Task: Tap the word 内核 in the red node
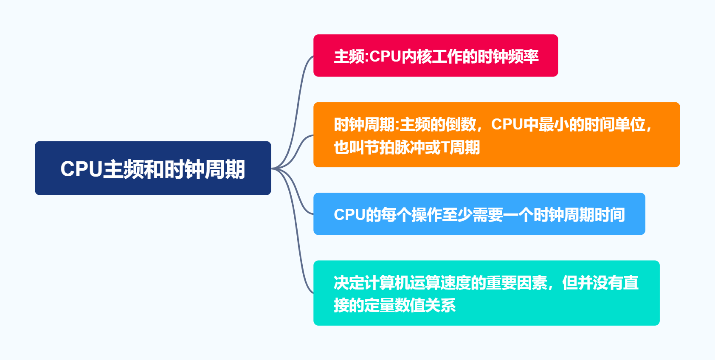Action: (x=417, y=56)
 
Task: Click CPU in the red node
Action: (x=386, y=56)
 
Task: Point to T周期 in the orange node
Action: (x=461, y=147)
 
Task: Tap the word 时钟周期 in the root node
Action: (x=205, y=169)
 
